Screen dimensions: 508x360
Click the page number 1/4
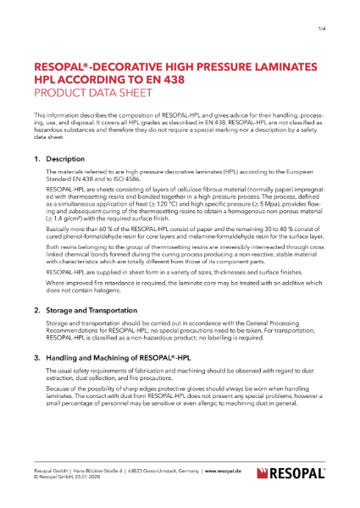pos(323,30)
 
